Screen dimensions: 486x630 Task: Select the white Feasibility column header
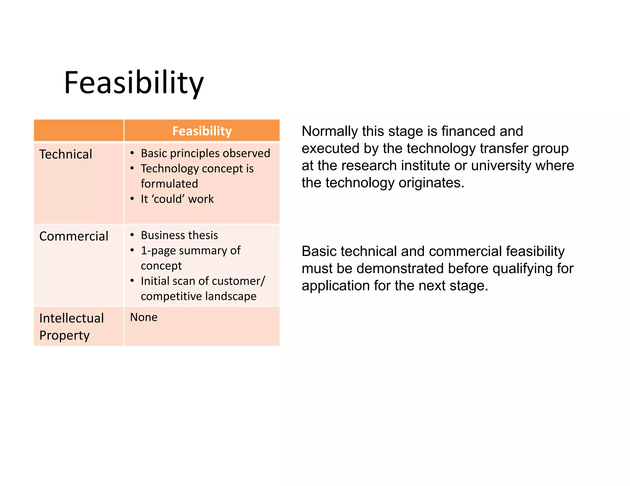pyautogui.click(x=202, y=131)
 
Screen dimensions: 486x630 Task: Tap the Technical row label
pyautogui.click(x=66, y=154)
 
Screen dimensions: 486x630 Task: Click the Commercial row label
pyautogui.click(x=74, y=236)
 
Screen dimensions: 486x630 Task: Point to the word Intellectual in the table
pyautogui.click(x=72, y=318)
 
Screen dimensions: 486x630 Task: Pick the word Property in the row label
pyautogui.click(x=64, y=335)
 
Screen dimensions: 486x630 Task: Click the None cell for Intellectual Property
pyautogui.click(x=144, y=317)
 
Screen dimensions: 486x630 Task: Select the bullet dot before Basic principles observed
pyautogui.click(x=132, y=153)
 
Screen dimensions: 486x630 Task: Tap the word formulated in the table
pyautogui.click(x=169, y=184)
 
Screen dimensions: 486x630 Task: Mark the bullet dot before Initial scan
pyautogui.click(x=132, y=281)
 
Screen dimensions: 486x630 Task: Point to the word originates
pyautogui.click(x=431, y=183)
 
